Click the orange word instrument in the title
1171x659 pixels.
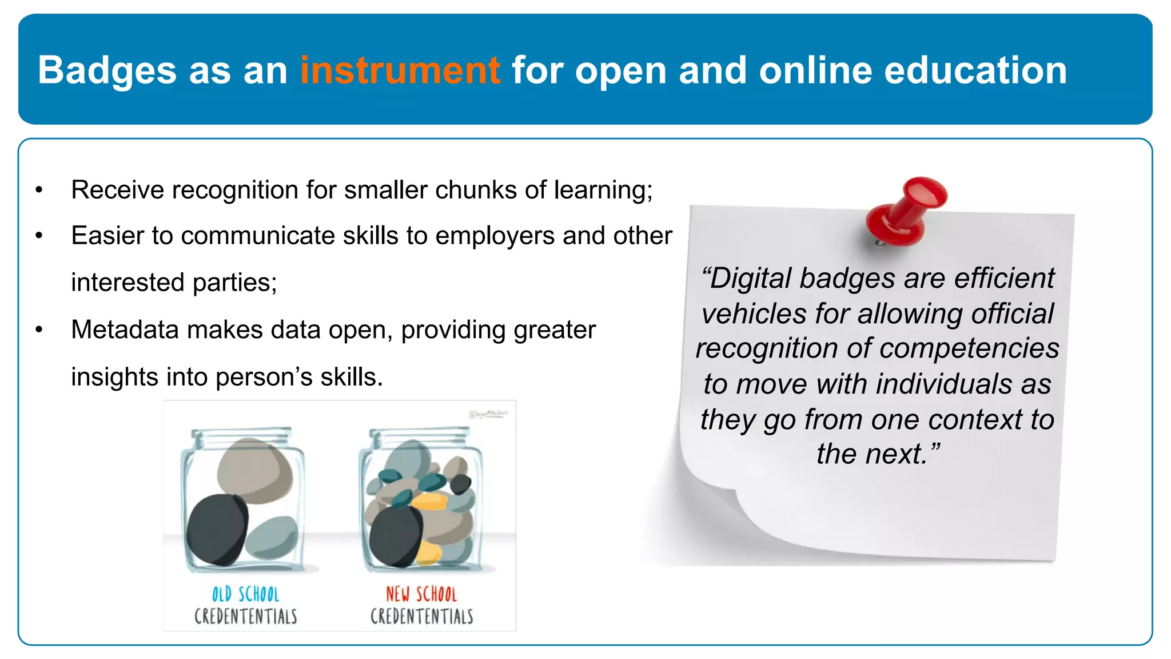point(400,70)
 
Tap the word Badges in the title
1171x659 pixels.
point(107,70)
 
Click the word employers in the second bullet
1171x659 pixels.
point(495,236)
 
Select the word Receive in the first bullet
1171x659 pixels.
point(117,190)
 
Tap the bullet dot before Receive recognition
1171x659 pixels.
point(39,190)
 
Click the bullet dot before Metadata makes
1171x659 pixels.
point(39,329)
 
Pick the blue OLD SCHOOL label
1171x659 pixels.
point(245,594)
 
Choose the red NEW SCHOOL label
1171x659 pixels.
point(421,594)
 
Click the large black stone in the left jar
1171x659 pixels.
point(216,529)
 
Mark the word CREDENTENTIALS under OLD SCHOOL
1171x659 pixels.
point(245,617)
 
